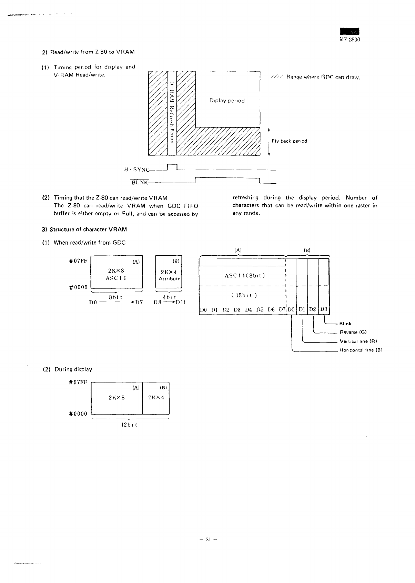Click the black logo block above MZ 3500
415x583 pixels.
coord(350,31)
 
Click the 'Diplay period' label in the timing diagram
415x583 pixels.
coord(227,101)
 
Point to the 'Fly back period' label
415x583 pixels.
coord(289,141)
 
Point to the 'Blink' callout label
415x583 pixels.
coord(345,324)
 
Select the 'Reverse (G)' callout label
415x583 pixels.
coord(353,332)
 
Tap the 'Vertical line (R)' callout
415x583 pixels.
coord(358,341)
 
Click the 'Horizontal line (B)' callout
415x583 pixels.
coord(361,350)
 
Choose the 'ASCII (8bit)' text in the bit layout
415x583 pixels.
coord(244,275)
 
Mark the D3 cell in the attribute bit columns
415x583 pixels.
coord(324,309)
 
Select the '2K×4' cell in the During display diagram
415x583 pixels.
coord(156,397)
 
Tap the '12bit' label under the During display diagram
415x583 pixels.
coord(130,425)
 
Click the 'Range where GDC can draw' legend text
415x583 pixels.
coord(321,77)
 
